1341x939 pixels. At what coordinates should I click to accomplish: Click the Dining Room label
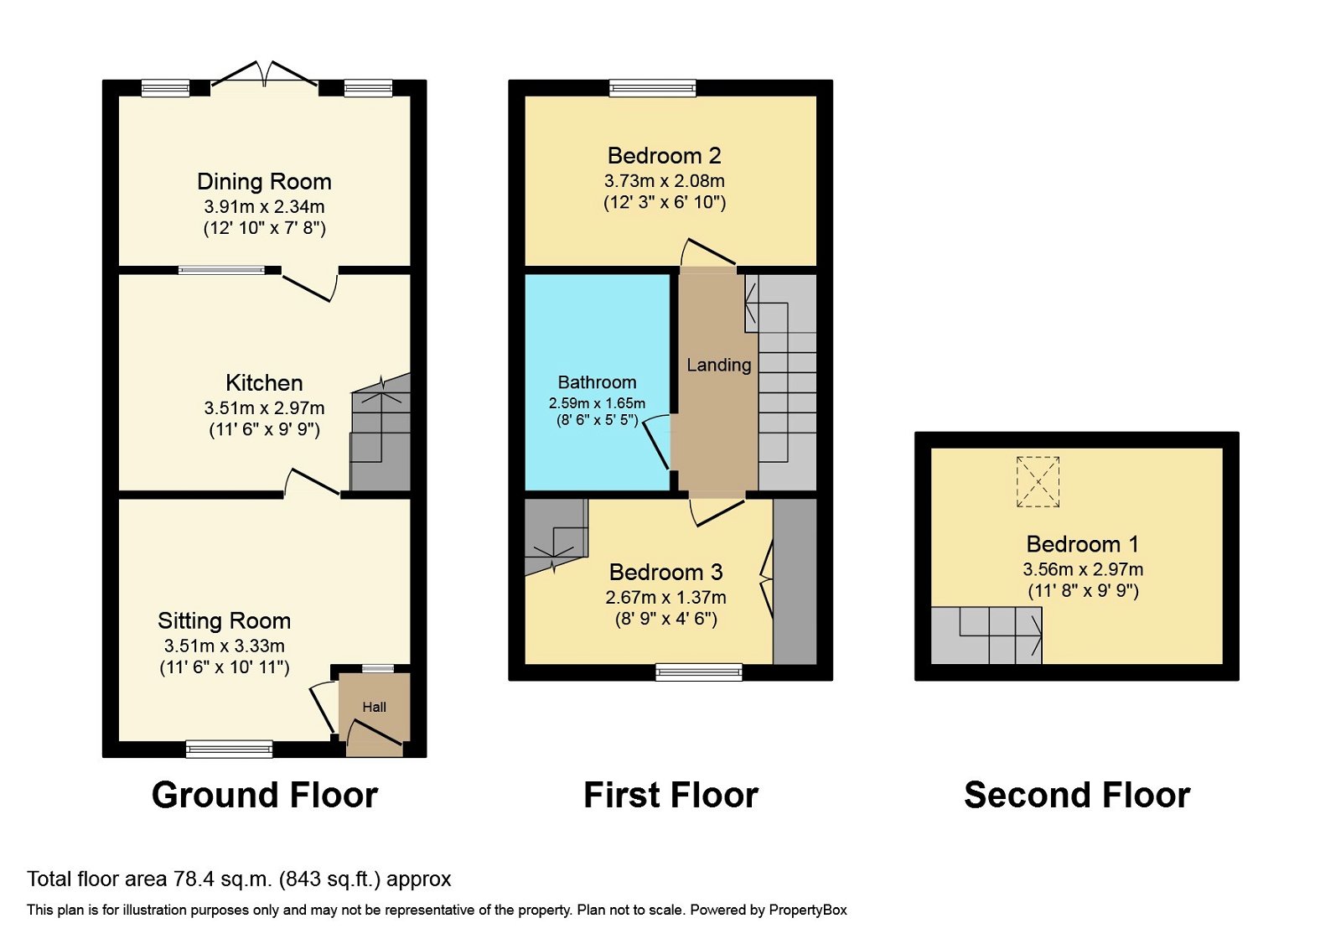264,182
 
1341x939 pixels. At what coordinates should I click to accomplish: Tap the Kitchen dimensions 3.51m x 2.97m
264,408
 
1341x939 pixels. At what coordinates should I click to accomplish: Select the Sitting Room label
224,621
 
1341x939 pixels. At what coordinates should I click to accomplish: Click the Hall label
374,707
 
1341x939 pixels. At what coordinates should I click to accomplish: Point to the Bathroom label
597,382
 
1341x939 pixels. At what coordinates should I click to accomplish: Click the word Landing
718,365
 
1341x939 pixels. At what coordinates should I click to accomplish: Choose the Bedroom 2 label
664,156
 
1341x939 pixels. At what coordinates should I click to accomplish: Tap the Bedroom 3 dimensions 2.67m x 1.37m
665,598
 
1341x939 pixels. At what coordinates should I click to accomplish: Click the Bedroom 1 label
1082,544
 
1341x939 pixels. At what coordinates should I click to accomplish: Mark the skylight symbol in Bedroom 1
1038,482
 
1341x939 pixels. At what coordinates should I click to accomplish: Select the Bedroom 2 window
652,87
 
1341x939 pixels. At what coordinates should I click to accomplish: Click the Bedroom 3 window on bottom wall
698,672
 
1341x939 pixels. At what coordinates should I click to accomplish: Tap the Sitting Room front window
229,749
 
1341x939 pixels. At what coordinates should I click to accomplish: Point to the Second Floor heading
1077,795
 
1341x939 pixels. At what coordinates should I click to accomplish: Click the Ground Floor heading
265,795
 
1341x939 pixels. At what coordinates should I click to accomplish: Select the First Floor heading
670,795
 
